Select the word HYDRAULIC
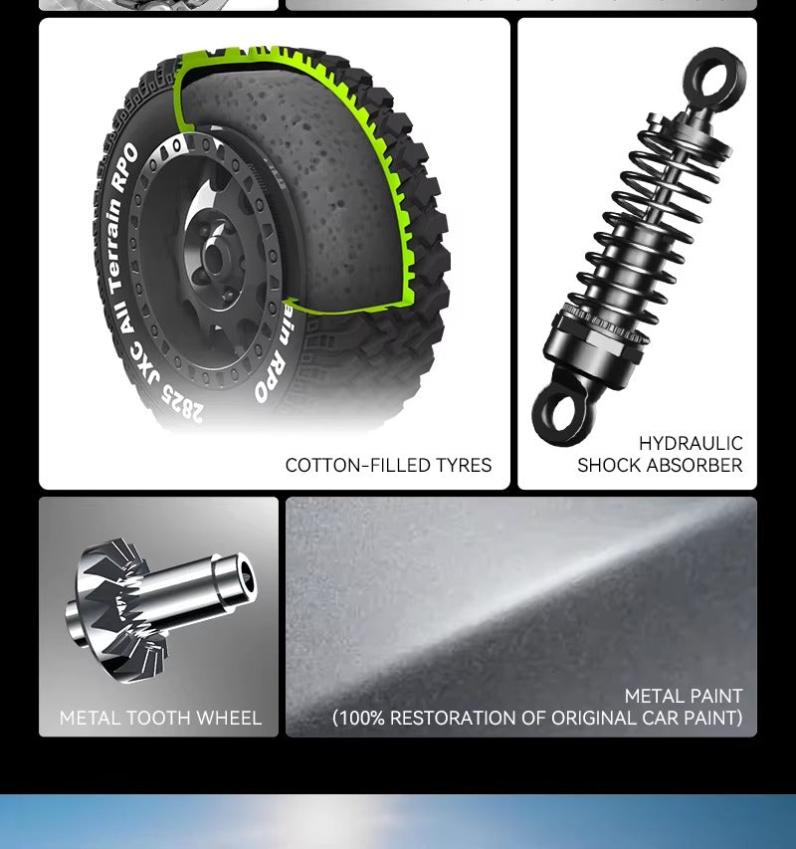coord(691,444)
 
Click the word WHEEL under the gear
coord(229,718)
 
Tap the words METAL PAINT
coord(684,696)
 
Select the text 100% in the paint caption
coord(361,718)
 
